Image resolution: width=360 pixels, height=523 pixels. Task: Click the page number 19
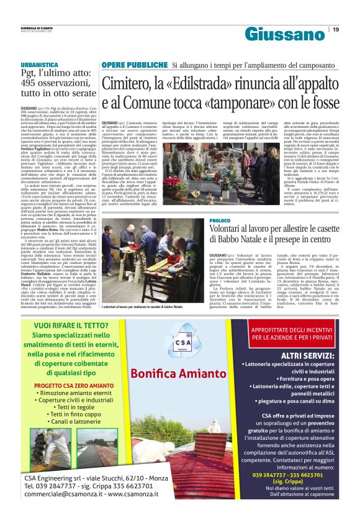[336, 29]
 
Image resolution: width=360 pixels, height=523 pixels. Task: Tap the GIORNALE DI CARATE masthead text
[37, 27]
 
